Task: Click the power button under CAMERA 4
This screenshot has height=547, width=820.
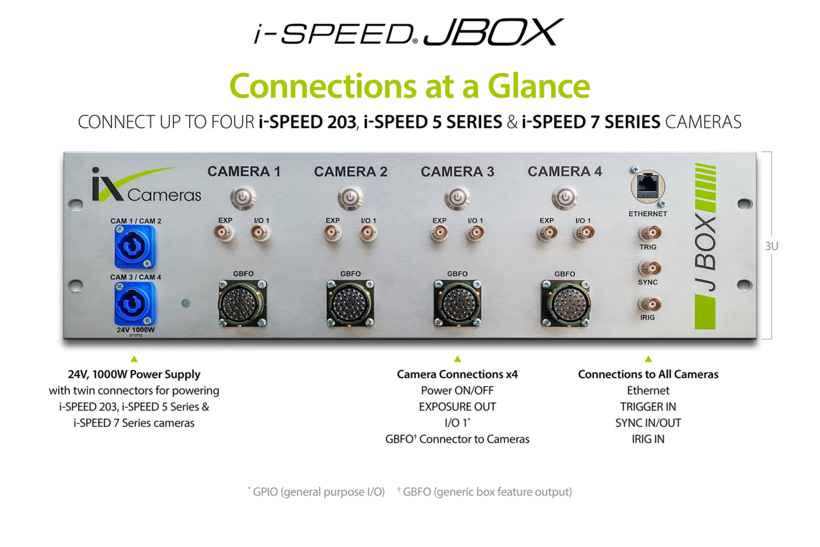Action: (x=564, y=198)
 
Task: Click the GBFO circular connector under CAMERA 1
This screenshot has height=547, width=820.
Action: (x=242, y=302)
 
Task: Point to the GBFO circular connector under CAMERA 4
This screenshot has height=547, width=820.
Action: (x=564, y=302)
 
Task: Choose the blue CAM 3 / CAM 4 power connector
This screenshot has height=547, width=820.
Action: (x=135, y=303)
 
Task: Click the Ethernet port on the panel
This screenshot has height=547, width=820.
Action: (x=647, y=189)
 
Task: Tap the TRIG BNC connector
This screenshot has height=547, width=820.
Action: (x=648, y=233)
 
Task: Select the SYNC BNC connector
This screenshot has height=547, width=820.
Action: (x=648, y=268)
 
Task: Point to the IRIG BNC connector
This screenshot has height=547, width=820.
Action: (x=648, y=304)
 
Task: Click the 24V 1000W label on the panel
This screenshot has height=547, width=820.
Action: (x=135, y=330)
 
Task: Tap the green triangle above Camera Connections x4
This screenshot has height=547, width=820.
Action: (x=457, y=359)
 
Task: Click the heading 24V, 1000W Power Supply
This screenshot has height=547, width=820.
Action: (x=134, y=374)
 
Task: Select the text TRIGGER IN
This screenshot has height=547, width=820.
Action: (x=648, y=407)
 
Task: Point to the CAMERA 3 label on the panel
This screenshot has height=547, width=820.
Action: (x=457, y=172)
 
